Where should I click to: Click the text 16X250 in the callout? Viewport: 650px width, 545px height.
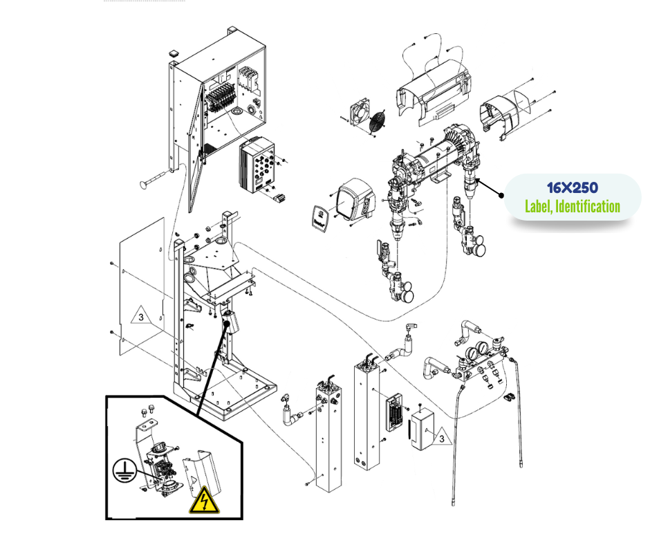(x=573, y=188)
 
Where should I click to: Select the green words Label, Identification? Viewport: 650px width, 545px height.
(x=572, y=206)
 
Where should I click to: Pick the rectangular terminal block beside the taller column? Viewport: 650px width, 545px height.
(x=395, y=413)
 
